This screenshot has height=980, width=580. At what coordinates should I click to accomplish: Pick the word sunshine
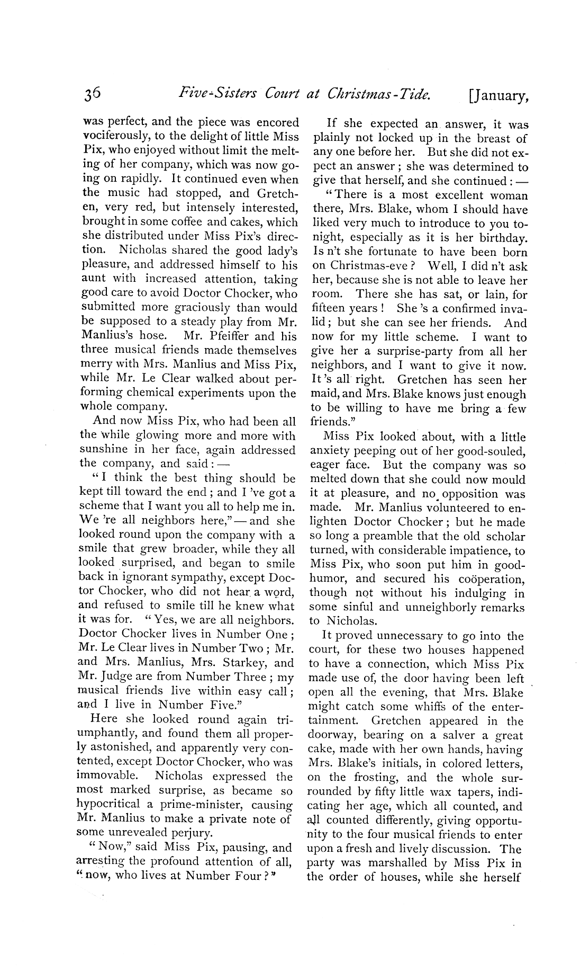click(104, 450)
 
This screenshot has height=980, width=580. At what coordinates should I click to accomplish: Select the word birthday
click(500, 238)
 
